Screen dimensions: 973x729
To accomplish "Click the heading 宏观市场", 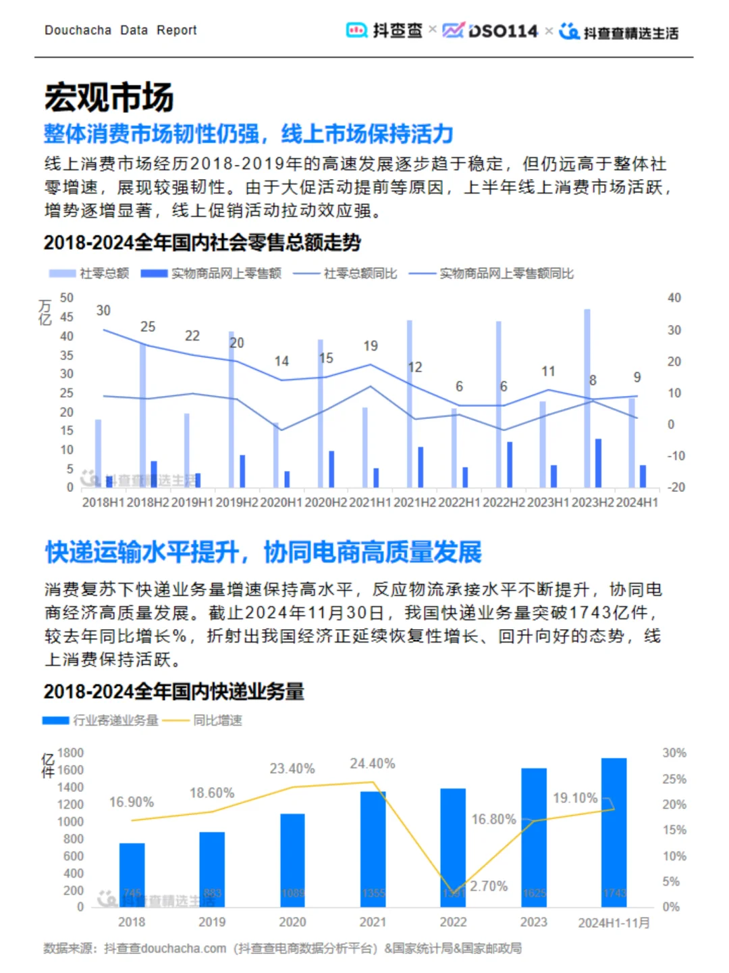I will tap(109, 97).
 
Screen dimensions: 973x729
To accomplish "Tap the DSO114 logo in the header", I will tap(491, 31).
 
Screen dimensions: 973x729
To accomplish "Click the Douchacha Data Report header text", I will tap(120, 30).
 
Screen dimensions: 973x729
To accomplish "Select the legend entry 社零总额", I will tap(89, 274).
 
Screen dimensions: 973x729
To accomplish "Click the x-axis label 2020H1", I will tap(281, 503).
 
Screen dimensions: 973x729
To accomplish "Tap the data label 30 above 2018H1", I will tap(103, 311).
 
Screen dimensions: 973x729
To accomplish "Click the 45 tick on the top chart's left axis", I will tap(66, 317).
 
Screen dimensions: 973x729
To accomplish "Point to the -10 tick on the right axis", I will tap(676, 456).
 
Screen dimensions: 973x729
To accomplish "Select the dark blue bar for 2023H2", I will tap(598, 463).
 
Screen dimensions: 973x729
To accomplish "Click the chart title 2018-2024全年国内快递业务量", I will tap(174, 692).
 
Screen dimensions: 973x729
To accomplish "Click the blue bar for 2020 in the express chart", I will tap(292, 859).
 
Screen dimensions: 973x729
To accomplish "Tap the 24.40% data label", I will tap(372, 764).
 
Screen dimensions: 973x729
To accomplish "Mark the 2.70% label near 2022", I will tap(489, 886).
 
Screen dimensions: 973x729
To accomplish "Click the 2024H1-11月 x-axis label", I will tap(614, 923).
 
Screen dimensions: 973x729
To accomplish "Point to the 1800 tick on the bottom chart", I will tap(70, 753).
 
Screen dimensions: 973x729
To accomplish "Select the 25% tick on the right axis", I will tap(674, 779).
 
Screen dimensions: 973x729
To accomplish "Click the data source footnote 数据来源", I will tap(282, 949).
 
